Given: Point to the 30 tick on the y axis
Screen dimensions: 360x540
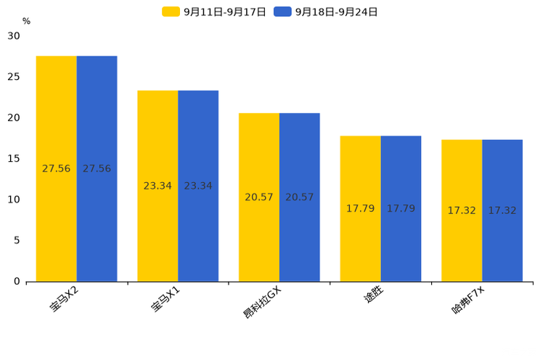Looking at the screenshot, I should [x=14, y=36].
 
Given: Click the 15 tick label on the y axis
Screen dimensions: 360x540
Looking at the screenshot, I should [x=14, y=158].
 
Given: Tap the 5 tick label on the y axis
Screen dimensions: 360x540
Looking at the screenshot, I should [x=17, y=240].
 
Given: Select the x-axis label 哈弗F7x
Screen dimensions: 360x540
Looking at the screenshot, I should [x=468, y=300].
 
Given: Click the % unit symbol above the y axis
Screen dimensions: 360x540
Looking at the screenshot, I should [x=26, y=21].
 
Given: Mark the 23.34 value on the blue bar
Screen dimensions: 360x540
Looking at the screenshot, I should [x=198, y=186].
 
